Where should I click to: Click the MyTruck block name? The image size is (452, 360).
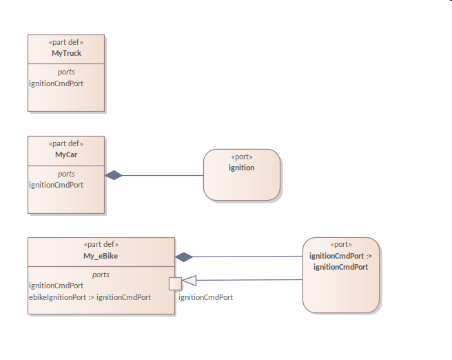66,53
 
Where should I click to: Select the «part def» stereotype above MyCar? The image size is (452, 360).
66,143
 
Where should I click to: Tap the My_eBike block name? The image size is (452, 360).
101,257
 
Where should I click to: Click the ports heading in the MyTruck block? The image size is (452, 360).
66,72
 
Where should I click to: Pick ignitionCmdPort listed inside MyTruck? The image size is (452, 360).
56,83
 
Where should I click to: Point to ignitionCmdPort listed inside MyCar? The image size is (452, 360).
56,185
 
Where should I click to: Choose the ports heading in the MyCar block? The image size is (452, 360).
66,174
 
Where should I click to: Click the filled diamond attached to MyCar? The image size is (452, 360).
114,175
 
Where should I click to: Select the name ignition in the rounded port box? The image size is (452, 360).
242,168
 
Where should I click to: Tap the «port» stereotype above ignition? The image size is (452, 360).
242,157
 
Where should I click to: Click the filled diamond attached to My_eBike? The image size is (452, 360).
184,257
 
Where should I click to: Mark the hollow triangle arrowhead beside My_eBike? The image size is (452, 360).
189,280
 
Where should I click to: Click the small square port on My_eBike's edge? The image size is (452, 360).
175,283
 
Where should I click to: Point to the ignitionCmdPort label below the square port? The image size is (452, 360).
205,297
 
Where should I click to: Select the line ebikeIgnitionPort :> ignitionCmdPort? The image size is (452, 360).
90,297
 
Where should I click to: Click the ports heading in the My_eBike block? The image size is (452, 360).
101,274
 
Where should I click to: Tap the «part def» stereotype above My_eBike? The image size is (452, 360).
101,245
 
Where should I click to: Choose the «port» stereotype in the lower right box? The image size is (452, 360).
340,245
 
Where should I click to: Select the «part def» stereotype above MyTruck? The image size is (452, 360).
66,42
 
